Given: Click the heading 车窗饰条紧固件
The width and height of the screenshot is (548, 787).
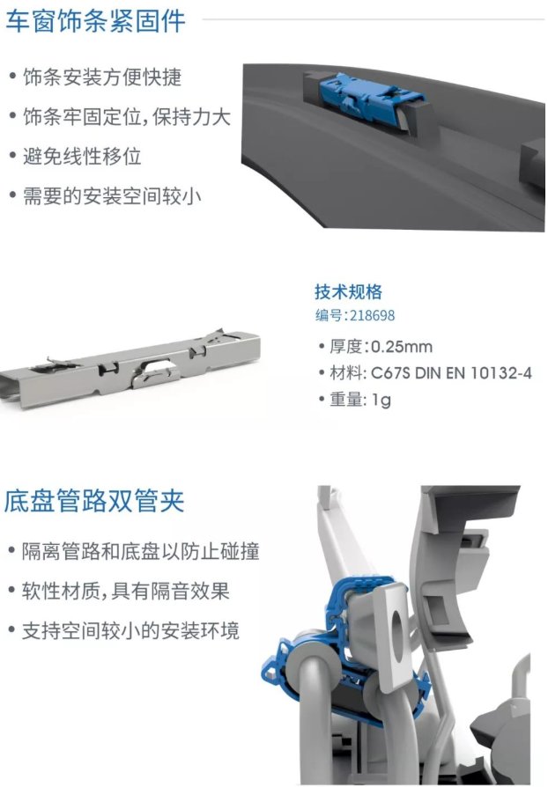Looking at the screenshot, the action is pyautogui.click(x=95, y=21).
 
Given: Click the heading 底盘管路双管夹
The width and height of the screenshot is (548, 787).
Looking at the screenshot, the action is pyautogui.click(x=94, y=500).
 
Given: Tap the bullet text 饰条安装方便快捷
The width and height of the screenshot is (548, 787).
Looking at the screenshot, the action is pyautogui.click(x=102, y=77).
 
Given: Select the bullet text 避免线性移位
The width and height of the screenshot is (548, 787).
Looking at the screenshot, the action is pyautogui.click(x=82, y=156).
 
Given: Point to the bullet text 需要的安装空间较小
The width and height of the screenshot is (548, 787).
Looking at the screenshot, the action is pyautogui.click(x=112, y=195).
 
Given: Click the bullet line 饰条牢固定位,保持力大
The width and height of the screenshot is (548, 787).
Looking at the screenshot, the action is pyautogui.click(x=127, y=117).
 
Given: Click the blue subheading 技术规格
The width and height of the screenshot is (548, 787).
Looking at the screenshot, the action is pyautogui.click(x=348, y=291).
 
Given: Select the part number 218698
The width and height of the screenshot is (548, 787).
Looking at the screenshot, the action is pyautogui.click(x=372, y=315).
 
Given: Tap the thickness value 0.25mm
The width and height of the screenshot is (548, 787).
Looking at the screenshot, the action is pyautogui.click(x=402, y=346).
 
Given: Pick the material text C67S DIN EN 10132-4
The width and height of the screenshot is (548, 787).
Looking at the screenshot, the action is pyautogui.click(x=451, y=373).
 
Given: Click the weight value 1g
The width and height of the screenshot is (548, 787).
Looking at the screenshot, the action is pyautogui.click(x=381, y=400).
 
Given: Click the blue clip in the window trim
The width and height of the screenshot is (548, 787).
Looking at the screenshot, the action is pyautogui.click(x=371, y=95).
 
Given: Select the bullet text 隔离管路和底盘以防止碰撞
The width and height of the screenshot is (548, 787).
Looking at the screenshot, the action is pyautogui.click(x=140, y=551).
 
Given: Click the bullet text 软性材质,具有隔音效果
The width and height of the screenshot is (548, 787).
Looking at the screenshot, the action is pyautogui.click(x=125, y=591).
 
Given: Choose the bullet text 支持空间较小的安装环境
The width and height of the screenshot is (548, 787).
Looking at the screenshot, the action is pyautogui.click(x=130, y=630).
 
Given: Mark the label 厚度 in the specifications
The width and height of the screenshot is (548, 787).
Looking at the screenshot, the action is pyautogui.click(x=345, y=346).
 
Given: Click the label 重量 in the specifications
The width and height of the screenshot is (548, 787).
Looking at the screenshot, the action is pyautogui.click(x=345, y=400).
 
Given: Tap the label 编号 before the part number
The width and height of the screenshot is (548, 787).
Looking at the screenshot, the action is pyautogui.click(x=330, y=315).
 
